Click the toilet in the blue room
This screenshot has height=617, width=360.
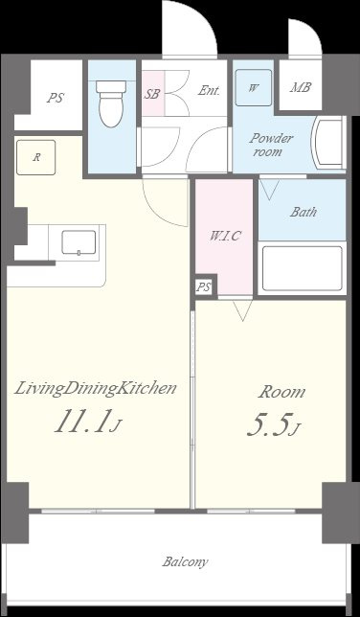(112, 103)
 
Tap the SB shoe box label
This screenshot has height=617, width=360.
(152, 94)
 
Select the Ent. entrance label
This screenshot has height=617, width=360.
(209, 90)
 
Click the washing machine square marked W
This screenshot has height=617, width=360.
(254, 88)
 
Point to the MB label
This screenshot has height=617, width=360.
(301, 87)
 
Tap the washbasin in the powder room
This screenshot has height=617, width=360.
(327, 143)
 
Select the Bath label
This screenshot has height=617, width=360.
(304, 212)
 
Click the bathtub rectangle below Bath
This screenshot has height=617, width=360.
(303, 268)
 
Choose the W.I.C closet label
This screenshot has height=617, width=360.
(225, 236)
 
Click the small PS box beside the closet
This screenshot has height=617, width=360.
(203, 287)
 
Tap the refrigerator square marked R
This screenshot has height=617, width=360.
(35, 158)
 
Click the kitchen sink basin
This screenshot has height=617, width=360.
(79, 242)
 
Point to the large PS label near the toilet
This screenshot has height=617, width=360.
(56, 98)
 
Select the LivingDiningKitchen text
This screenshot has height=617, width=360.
(95, 389)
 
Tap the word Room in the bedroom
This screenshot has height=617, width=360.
(281, 392)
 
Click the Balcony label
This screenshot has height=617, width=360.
(185, 561)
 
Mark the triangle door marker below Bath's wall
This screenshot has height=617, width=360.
(270, 189)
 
